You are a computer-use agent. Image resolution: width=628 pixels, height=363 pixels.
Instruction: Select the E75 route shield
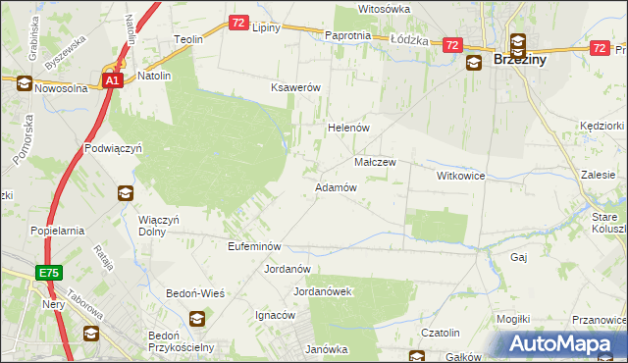pos(51,273)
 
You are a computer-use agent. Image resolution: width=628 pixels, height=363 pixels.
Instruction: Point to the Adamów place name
pos(335,186)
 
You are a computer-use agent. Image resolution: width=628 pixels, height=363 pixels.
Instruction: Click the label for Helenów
pos(346,129)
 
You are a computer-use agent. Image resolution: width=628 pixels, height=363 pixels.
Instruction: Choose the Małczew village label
pos(374,162)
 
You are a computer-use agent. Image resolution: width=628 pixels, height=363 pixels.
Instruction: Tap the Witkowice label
pos(461,176)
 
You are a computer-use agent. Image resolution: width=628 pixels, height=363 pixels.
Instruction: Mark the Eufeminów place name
pos(254,246)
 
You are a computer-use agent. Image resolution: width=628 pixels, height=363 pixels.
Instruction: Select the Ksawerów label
pos(296,87)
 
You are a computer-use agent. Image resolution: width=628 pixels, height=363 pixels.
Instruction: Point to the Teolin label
pos(188,39)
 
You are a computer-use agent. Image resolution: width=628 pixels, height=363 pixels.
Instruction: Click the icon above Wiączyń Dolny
pos(126,194)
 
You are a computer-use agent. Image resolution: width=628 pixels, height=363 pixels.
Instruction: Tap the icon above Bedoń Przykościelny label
pos(196,318)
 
